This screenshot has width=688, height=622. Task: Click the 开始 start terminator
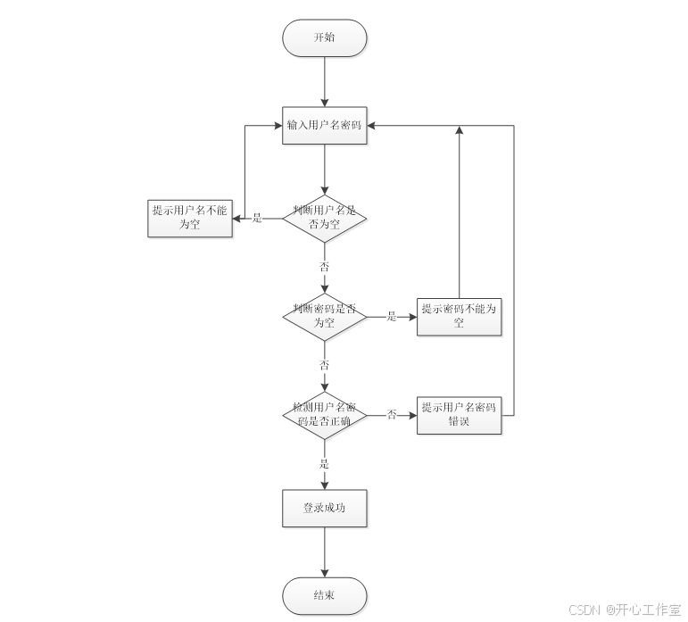pos(324,38)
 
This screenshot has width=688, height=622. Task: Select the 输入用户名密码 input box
pos(324,125)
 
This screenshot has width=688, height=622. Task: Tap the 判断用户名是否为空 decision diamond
pos(324,218)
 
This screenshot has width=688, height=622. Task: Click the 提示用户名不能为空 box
pos(189,218)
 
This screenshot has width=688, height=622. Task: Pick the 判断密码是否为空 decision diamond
pos(324,316)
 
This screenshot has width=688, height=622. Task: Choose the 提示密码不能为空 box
pos(459,316)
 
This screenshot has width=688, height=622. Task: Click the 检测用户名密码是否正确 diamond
pos(324,414)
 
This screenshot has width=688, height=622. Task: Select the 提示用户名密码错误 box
pos(459,414)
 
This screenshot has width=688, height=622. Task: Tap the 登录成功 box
pos(324,508)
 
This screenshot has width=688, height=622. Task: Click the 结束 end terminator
pos(324,595)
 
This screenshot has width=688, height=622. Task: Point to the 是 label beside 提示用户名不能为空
pos(257,218)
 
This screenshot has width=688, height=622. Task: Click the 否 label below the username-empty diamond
pos(324,267)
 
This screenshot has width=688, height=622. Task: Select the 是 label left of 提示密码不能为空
pos(391,316)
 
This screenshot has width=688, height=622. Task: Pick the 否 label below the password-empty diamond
pos(324,365)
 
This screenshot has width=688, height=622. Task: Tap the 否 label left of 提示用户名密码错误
pos(391,414)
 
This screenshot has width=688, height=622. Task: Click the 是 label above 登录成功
pos(324,463)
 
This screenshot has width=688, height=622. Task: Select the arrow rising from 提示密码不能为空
pos(459,214)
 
